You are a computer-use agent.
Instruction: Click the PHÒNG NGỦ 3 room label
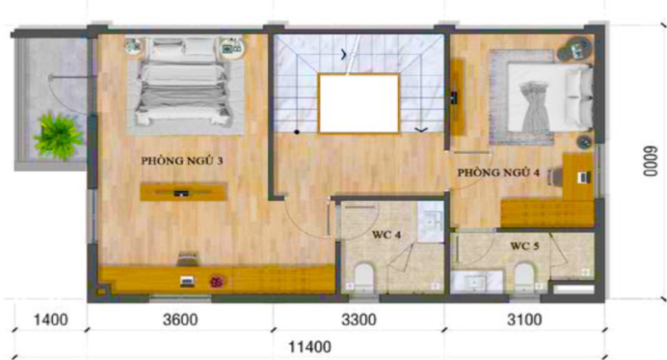coord(182,161)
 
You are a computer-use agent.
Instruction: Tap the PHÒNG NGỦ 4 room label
coord(499,172)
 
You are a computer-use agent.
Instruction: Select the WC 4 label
coord(386,234)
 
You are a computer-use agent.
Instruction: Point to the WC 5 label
coord(525,246)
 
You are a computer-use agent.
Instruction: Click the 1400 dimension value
coord(51,320)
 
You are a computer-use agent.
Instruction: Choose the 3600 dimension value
coord(181,320)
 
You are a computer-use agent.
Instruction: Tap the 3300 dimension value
coord(359,320)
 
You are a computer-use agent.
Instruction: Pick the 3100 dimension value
coord(525,320)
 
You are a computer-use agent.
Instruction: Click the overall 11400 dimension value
coord(310,347)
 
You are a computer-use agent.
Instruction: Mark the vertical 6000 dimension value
coord(650,161)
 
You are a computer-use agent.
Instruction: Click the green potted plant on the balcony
coord(58,136)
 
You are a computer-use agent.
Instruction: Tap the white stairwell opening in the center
coord(359,104)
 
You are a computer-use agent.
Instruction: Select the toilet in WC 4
coord(363,278)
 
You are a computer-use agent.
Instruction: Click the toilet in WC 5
coord(524,277)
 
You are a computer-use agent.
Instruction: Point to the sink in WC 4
coord(431,222)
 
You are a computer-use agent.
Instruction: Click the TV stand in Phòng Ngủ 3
coord(183,192)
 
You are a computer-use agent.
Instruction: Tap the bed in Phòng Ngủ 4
coord(549,97)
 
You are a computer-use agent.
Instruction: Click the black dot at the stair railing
coord(297,132)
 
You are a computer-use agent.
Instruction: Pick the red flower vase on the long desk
coord(217,281)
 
